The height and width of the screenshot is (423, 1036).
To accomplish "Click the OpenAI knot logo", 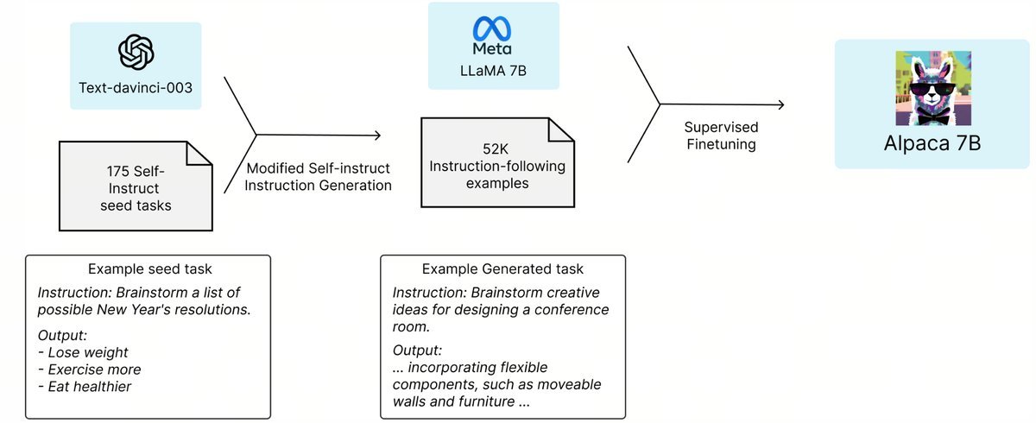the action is click(136, 52).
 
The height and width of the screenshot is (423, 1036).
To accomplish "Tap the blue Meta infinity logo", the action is click(491, 28).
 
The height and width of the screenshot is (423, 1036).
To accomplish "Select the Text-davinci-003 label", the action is click(136, 87).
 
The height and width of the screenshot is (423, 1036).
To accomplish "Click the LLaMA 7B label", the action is click(493, 71).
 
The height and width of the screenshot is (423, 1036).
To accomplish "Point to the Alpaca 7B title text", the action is click(932, 142).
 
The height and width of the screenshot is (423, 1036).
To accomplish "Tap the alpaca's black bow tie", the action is click(934, 119).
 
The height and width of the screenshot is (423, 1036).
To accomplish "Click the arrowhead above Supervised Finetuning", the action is click(781, 105).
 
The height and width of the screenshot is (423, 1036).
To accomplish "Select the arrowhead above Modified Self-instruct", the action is click(377, 135).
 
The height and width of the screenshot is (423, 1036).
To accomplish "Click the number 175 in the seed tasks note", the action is click(117, 172).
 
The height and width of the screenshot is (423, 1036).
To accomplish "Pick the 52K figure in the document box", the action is click(496, 148).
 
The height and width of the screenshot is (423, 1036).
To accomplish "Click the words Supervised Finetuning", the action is click(721, 136).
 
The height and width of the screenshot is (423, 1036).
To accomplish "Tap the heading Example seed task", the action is click(150, 268).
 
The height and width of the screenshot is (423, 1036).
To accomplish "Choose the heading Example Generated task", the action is click(502, 268).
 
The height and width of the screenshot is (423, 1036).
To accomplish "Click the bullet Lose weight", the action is click(83, 352).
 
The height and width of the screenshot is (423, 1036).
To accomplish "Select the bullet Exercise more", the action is click(90, 369).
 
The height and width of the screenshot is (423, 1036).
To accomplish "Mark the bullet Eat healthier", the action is click(85, 387).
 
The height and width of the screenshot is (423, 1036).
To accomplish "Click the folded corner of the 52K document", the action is click(561, 129).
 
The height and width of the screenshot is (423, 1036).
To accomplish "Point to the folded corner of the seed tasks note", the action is click(199, 154).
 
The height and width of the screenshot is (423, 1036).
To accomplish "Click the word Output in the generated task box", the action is click(416, 350).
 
